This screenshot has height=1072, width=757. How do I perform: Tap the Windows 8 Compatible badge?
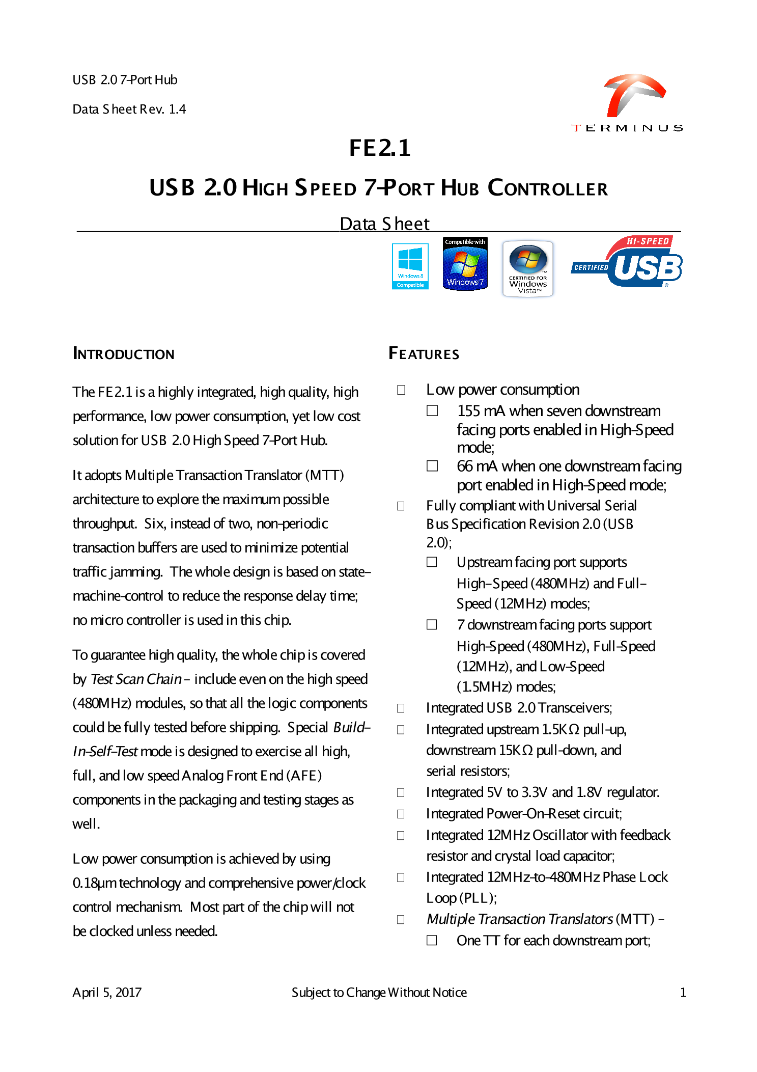tap(410, 266)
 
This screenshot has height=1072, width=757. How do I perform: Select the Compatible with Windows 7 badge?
tap(465, 264)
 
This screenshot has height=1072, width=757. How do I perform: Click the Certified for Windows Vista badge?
tap(528, 268)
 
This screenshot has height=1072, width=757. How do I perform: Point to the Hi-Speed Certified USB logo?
tap(627, 262)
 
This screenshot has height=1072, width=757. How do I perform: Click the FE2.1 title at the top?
tap(380, 148)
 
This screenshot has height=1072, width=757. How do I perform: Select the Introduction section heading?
tap(124, 354)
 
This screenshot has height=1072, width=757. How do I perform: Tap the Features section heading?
tap(424, 353)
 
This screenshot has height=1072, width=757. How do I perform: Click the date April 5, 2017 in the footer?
tap(107, 992)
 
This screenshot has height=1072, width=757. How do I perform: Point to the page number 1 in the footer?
tap(683, 992)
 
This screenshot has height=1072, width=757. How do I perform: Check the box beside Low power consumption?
tap(401, 390)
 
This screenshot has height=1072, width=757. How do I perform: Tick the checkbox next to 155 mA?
tap(432, 411)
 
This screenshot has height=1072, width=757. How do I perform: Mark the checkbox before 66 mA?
tap(432, 466)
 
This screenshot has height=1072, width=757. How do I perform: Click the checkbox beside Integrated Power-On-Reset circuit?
tap(401, 814)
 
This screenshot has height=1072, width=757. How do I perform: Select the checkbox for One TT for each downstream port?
tap(432, 940)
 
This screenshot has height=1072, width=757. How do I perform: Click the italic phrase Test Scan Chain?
tap(136, 679)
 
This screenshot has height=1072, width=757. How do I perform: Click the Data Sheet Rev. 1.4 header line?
tap(129, 109)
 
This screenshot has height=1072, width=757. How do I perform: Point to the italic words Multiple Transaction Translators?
tap(519, 919)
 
